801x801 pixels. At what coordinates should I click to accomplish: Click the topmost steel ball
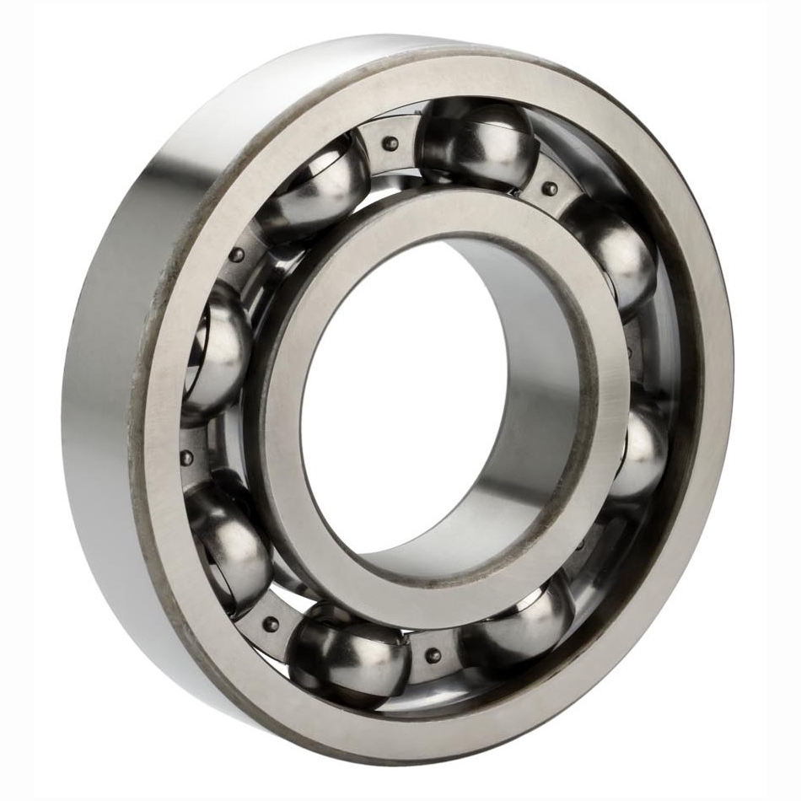point(478,143)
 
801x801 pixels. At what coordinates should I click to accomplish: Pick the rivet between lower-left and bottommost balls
point(271,623)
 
